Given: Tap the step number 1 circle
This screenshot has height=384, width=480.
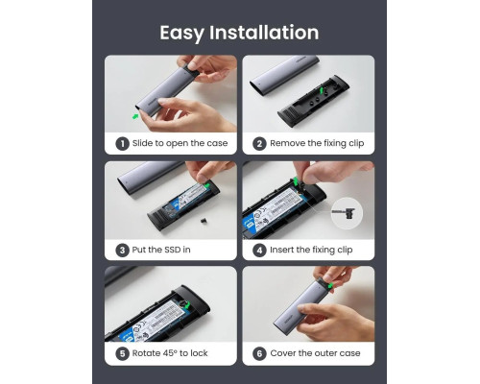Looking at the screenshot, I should (x=122, y=144).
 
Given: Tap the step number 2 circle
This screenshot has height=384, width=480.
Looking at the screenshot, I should (x=259, y=144).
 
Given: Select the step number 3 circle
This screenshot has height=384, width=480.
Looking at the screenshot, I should (x=122, y=250).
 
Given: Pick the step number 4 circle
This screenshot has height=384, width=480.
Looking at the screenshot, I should (x=259, y=250).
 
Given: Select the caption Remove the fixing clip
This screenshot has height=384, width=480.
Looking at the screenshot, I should (x=315, y=144).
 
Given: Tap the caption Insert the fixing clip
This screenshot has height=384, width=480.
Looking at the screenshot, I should (x=312, y=250).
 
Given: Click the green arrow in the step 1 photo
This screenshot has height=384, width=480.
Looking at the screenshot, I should (x=134, y=116).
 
